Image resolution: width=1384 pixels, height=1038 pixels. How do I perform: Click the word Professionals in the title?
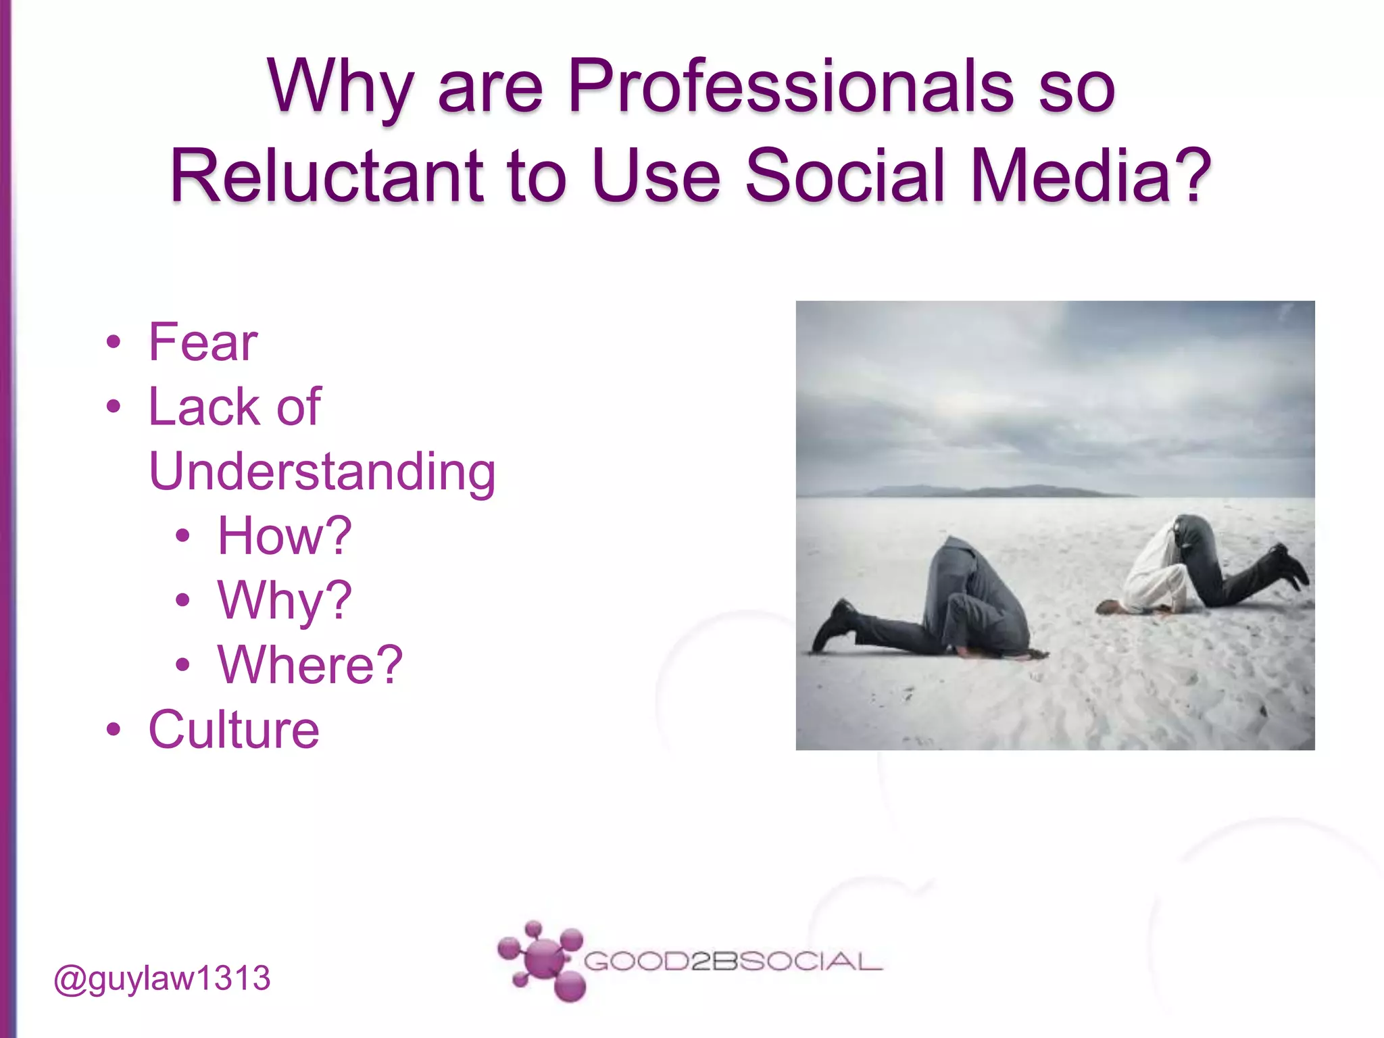coord(789,86)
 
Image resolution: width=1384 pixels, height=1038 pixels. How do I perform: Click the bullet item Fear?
coord(203,343)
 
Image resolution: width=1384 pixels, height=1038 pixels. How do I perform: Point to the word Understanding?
coord(322,472)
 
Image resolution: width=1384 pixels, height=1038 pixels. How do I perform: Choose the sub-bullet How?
coord(285,536)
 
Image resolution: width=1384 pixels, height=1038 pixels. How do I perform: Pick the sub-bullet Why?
coord(285,600)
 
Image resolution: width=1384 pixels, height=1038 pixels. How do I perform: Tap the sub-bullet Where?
coord(310,665)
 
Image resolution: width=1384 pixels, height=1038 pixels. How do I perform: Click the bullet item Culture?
coord(234,730)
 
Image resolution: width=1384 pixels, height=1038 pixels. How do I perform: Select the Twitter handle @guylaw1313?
coord(162,979)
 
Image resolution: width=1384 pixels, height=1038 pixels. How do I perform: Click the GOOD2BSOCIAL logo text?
coord(733,961)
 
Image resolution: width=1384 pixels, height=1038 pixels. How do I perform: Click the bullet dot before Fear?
coord(114,343)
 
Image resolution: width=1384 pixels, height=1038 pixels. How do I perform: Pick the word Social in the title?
coord(845,176)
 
